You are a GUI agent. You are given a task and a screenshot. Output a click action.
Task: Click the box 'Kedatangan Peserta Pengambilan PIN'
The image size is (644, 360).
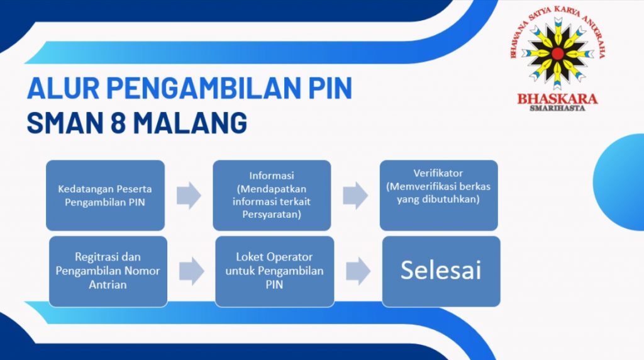[105, 195]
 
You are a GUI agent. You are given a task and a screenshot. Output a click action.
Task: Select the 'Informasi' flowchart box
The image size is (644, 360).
[272, 195]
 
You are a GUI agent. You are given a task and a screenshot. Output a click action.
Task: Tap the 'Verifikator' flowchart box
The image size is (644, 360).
[438, 195]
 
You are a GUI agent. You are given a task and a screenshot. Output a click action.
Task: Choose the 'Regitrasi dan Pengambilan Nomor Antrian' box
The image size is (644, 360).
[108, 271]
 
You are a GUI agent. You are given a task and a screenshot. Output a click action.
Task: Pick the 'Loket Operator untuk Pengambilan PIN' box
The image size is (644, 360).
[275, 271]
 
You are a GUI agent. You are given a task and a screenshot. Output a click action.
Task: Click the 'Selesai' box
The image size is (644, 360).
[441, 271]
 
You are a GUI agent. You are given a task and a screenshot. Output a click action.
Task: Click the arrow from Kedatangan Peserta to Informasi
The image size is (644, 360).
[189, 195]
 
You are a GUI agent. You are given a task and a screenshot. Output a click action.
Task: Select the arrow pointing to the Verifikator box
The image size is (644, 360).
[355, 195]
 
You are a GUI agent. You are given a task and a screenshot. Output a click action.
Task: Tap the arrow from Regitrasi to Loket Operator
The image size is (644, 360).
[192, 271]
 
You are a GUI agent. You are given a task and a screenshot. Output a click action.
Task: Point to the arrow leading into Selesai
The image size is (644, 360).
[358, 271]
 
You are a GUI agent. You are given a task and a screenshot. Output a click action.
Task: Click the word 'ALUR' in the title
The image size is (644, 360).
[64, 88]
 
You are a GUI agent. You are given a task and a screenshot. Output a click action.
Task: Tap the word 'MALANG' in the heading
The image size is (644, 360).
[190, 123]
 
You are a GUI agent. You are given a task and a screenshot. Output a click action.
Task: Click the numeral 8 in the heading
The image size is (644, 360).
[118, 123]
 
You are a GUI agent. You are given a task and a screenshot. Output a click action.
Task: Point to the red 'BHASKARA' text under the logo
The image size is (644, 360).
[557, 99]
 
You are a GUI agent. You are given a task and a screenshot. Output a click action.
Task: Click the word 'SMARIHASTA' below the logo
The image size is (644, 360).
[557, 108]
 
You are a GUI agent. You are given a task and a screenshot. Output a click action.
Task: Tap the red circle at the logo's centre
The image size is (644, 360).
[557, 53]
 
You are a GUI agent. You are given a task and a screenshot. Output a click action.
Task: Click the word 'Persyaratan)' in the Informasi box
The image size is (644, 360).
[272, 215]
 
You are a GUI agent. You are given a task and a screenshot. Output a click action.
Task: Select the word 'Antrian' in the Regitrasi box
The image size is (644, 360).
[108, 284]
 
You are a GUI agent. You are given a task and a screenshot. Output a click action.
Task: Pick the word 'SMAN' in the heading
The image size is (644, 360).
[65, 123]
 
